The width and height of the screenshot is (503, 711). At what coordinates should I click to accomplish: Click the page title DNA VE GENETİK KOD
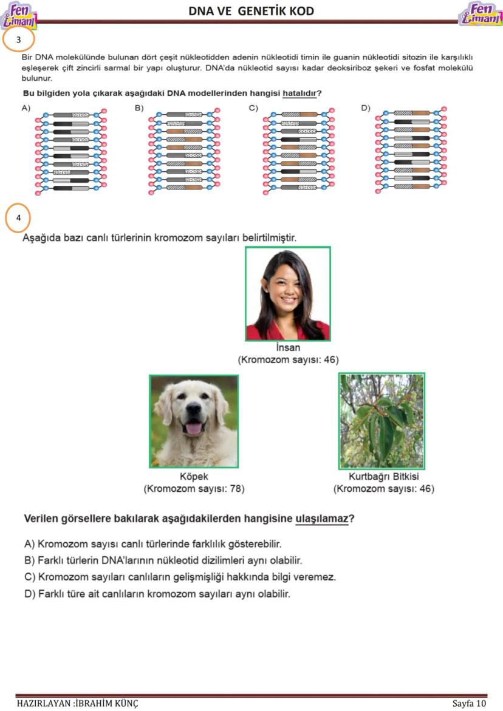click(251, 11)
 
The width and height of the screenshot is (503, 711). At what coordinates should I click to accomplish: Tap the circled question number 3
click(19, 39)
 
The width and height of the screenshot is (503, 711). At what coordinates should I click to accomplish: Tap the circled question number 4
click(19, 217)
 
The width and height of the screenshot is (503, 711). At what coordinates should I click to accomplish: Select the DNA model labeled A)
click(70, 152)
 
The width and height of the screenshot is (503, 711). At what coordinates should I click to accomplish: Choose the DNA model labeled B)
click(184, 152)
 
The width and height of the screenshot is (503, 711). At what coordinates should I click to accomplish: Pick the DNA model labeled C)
click(299, 152)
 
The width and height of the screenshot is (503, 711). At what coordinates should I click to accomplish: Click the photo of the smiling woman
click(288, 294)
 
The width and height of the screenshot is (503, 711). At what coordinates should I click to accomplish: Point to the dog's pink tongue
click(193, 429)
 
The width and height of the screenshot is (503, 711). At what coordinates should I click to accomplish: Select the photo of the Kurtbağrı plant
click(382, 421)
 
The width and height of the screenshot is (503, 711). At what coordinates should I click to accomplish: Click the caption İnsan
click(288, 349)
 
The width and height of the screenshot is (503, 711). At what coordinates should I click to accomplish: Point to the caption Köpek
click(194, 477)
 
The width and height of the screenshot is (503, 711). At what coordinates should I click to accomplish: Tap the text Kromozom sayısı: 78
click(194, 488)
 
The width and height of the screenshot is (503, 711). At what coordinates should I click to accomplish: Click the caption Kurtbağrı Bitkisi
click(383, 477)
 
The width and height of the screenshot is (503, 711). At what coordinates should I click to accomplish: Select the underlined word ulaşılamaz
click(322, 519)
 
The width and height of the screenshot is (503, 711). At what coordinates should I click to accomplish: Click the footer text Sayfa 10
click(469, 703)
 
